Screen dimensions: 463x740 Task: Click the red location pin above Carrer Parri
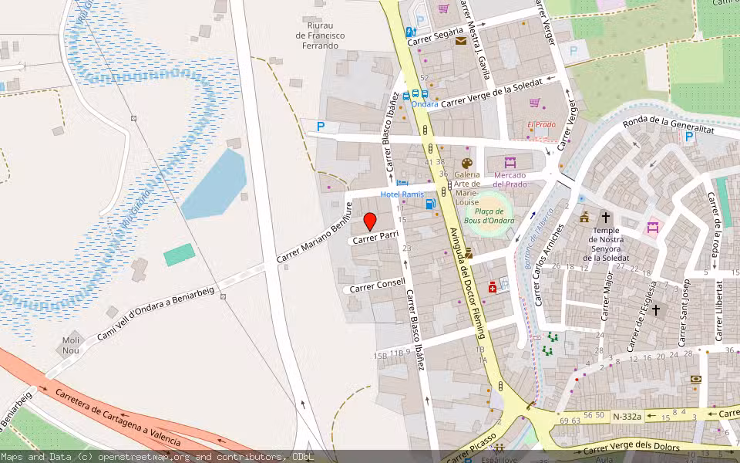click(370, 221)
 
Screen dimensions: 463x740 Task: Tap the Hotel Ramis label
click(402, 194)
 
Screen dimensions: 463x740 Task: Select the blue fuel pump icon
click(430, 204)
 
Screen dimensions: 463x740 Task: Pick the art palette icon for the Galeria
click(466, 164)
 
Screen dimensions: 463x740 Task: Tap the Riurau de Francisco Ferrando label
click(321, 35)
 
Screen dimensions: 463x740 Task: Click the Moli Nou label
click(72, 346)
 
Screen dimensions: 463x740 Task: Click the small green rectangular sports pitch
click(180, 255)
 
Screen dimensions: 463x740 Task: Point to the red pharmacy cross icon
click(493, 287)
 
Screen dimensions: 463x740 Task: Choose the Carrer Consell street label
click(377, 286)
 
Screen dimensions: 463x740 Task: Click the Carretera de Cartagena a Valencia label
click(117, 417)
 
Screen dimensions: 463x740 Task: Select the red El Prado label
click(541, 125)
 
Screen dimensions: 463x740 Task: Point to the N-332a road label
click(626, 416)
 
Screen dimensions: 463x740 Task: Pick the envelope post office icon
click(460, 41)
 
